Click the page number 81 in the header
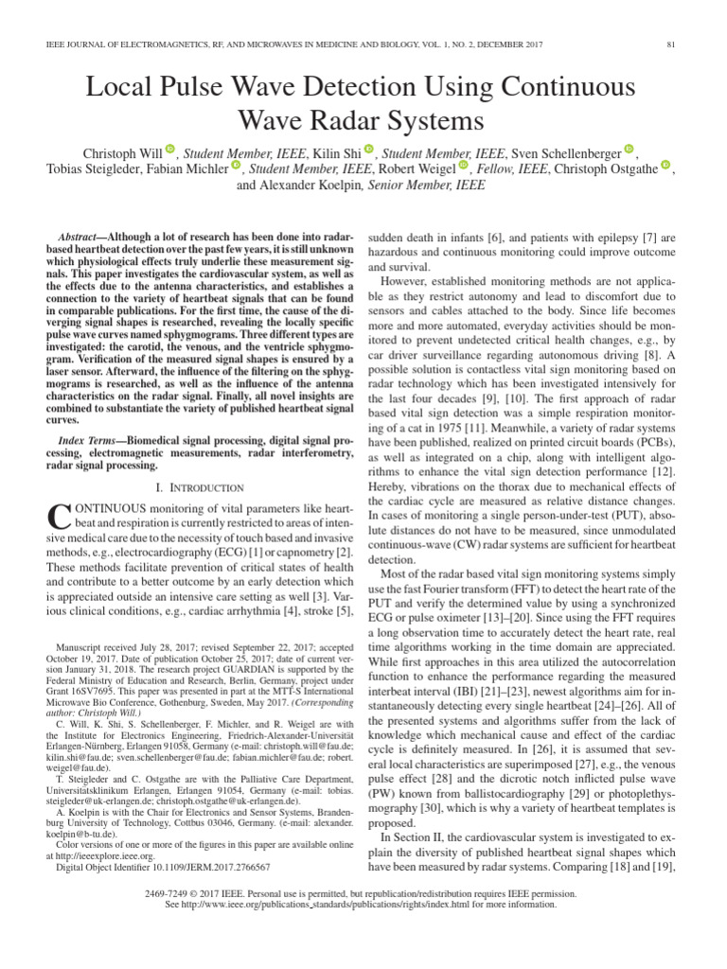coord(670,44)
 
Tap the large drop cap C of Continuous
coord(58,516)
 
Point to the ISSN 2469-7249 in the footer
coord(172,892)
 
